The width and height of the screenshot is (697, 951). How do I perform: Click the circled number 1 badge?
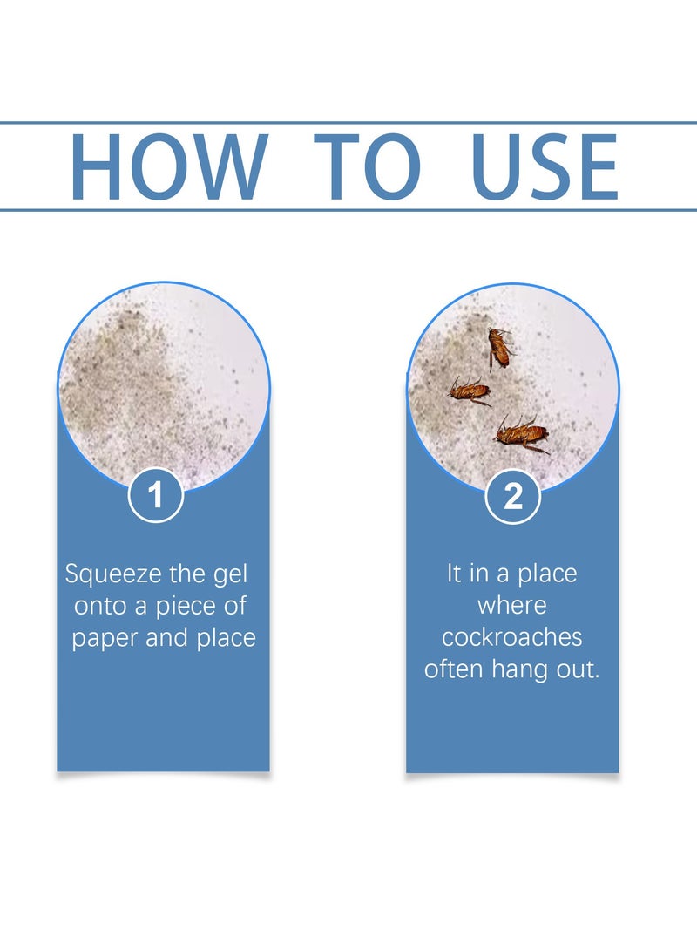pos(156,496)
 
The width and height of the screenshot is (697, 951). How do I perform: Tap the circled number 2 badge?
pos(513,496)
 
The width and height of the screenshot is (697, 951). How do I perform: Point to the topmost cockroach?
pos(499,347)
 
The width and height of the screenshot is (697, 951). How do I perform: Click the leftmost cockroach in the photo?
pos(469,391)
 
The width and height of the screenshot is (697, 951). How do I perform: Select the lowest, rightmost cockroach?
pos(522,432)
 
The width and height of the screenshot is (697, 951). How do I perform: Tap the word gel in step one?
pos(240,575)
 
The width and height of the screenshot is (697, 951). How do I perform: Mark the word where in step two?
pos(512,606)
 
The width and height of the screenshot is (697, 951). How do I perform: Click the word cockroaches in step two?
pos(512,637)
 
